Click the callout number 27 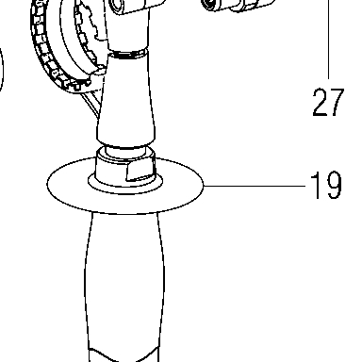[328, 102]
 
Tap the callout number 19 [326, 185]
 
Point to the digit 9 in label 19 [333, 185]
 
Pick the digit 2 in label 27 [320, 102]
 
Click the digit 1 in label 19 [316, 185]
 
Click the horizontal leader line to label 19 [255, 186]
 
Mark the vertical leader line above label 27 [329, 40]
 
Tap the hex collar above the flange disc [125, 168]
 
